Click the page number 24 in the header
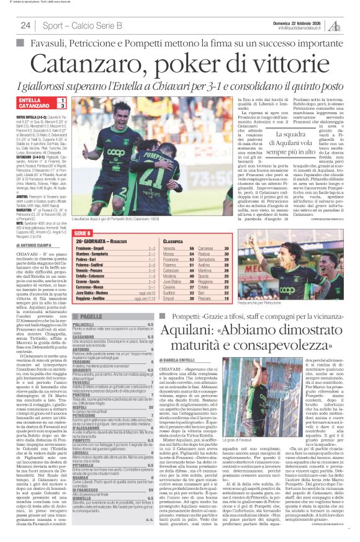[25, 25]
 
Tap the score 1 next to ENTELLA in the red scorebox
[61, 100]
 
